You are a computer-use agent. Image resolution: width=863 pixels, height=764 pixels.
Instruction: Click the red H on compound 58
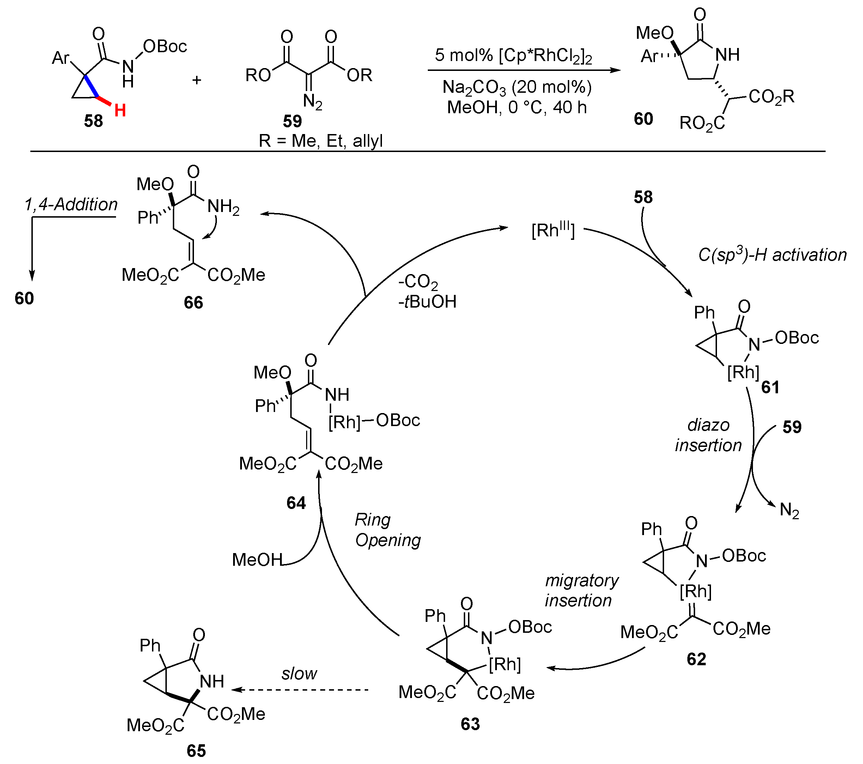[x=120, y=111]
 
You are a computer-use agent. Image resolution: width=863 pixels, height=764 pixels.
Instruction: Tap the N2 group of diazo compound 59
[x=312, y=102]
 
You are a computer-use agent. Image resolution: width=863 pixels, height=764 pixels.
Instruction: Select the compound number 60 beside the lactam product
[x=643, y=119]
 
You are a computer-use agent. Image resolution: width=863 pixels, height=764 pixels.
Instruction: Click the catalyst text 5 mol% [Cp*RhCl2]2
[x=513, y=55]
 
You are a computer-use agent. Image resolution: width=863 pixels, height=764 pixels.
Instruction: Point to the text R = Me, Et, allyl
[x=321, y=141]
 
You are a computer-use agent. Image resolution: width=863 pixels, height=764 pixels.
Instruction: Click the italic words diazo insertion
[x=708, y=435]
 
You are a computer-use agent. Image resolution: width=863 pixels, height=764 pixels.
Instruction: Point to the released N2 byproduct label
[x=789, y=510]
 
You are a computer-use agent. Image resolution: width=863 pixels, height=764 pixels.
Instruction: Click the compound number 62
[x=696, y=659]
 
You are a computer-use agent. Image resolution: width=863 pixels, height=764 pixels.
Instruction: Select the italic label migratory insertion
[x=581, y=590]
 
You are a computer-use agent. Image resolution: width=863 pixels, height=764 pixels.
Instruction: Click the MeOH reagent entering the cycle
[x=257, y=560]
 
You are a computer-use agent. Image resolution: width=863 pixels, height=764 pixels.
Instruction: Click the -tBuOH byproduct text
[x=427, y=302]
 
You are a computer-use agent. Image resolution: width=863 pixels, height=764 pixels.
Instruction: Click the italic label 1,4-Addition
[x=71, y=205]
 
